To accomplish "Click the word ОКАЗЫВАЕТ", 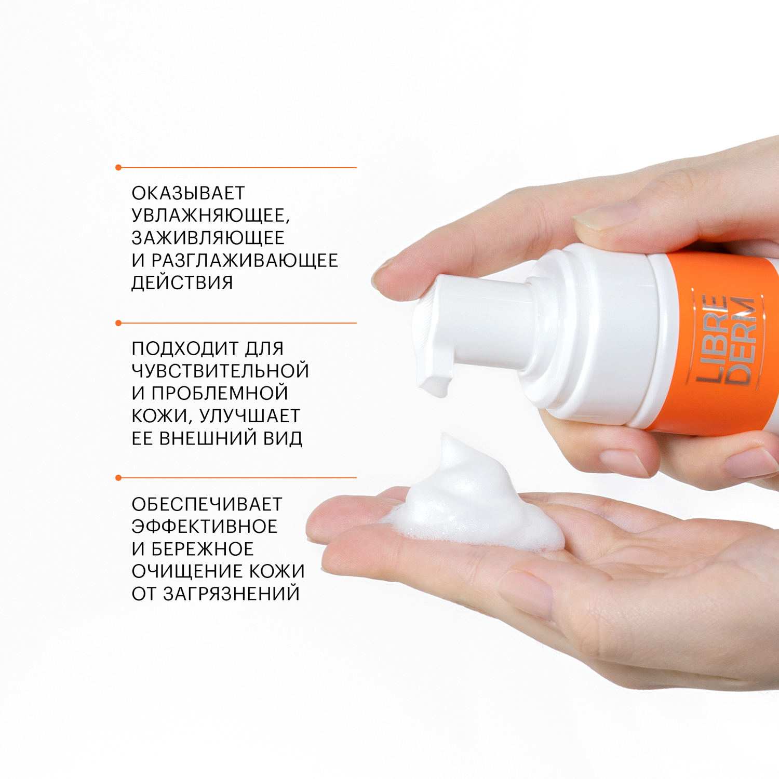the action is click(x=188, y=193).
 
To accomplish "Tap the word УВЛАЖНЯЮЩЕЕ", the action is click(x=210, y=216).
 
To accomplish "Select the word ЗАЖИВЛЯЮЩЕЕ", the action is click(x=208, y=238).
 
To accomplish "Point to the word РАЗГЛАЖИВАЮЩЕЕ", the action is click(x=245, y=260).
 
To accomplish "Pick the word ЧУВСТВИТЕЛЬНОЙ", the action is click(x=220, y=371).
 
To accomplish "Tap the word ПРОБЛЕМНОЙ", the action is click(x=220, y=393).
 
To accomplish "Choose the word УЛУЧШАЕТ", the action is click(x=250, y=416).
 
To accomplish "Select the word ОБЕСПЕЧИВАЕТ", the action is click(x=207, y=504).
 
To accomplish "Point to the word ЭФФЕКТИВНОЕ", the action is click(x=205, y=527).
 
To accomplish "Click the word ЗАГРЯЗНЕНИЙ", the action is click(x=232, y=594).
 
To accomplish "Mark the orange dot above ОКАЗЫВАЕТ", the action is click(x=118, y=168).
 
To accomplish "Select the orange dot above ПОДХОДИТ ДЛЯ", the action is click(x=118, y=323).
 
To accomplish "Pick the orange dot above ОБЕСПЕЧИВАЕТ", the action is click(x=118, y=478).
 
